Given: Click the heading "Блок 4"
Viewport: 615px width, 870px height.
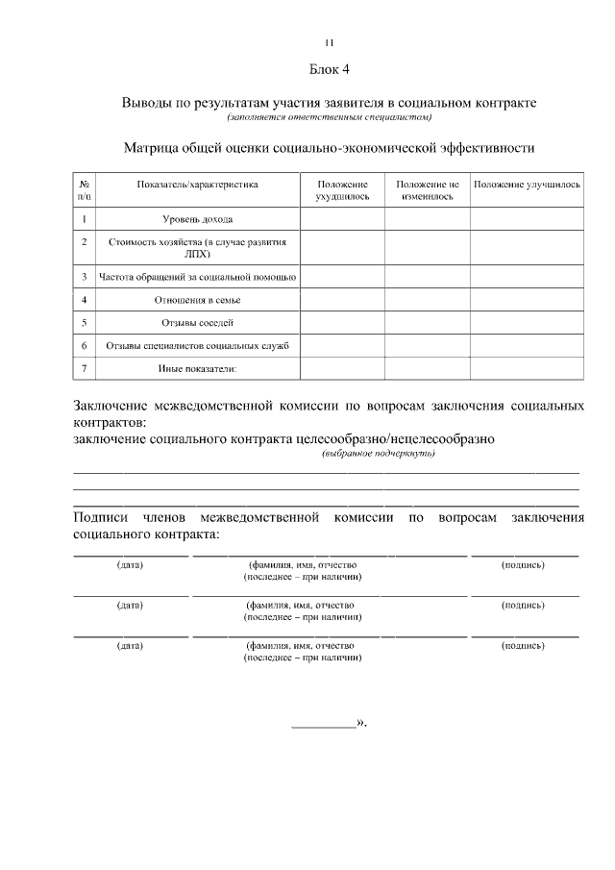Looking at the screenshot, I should click(x=329, y=70).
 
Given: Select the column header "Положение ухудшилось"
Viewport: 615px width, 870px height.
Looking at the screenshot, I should click(x=342, y=188).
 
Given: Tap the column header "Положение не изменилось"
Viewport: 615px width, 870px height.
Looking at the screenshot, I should click(x=427, y=188).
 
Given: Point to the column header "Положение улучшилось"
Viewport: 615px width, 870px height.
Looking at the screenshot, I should click(x=527, y=183).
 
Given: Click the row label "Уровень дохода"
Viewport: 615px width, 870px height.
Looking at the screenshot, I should click(x=197, y=219).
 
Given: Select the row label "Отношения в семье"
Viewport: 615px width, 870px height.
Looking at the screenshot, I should click(x=197, y=300).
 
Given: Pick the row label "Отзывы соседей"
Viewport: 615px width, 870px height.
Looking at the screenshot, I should click(x=197, y=323).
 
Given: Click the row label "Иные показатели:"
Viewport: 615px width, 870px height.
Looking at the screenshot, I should click(x=197, y=369).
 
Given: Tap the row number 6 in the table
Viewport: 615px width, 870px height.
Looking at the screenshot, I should click(x=85, y=346).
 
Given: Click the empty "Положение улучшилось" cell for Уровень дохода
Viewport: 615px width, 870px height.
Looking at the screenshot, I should click(x=527, y=219).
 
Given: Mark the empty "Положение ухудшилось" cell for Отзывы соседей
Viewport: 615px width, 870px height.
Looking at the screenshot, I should click(x=342, y=323).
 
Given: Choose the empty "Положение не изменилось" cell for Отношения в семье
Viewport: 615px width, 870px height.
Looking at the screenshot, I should click(x=427, y=300).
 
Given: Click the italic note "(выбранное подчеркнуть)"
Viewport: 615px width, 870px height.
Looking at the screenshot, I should click(x=379, y=454).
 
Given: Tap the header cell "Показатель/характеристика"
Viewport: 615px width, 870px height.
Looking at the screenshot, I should click(x=197, y=183).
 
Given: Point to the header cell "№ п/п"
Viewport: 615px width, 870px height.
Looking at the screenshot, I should click(x=85, y=188).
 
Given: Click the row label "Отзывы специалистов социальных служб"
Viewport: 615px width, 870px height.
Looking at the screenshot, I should click(x=197, y=346).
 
